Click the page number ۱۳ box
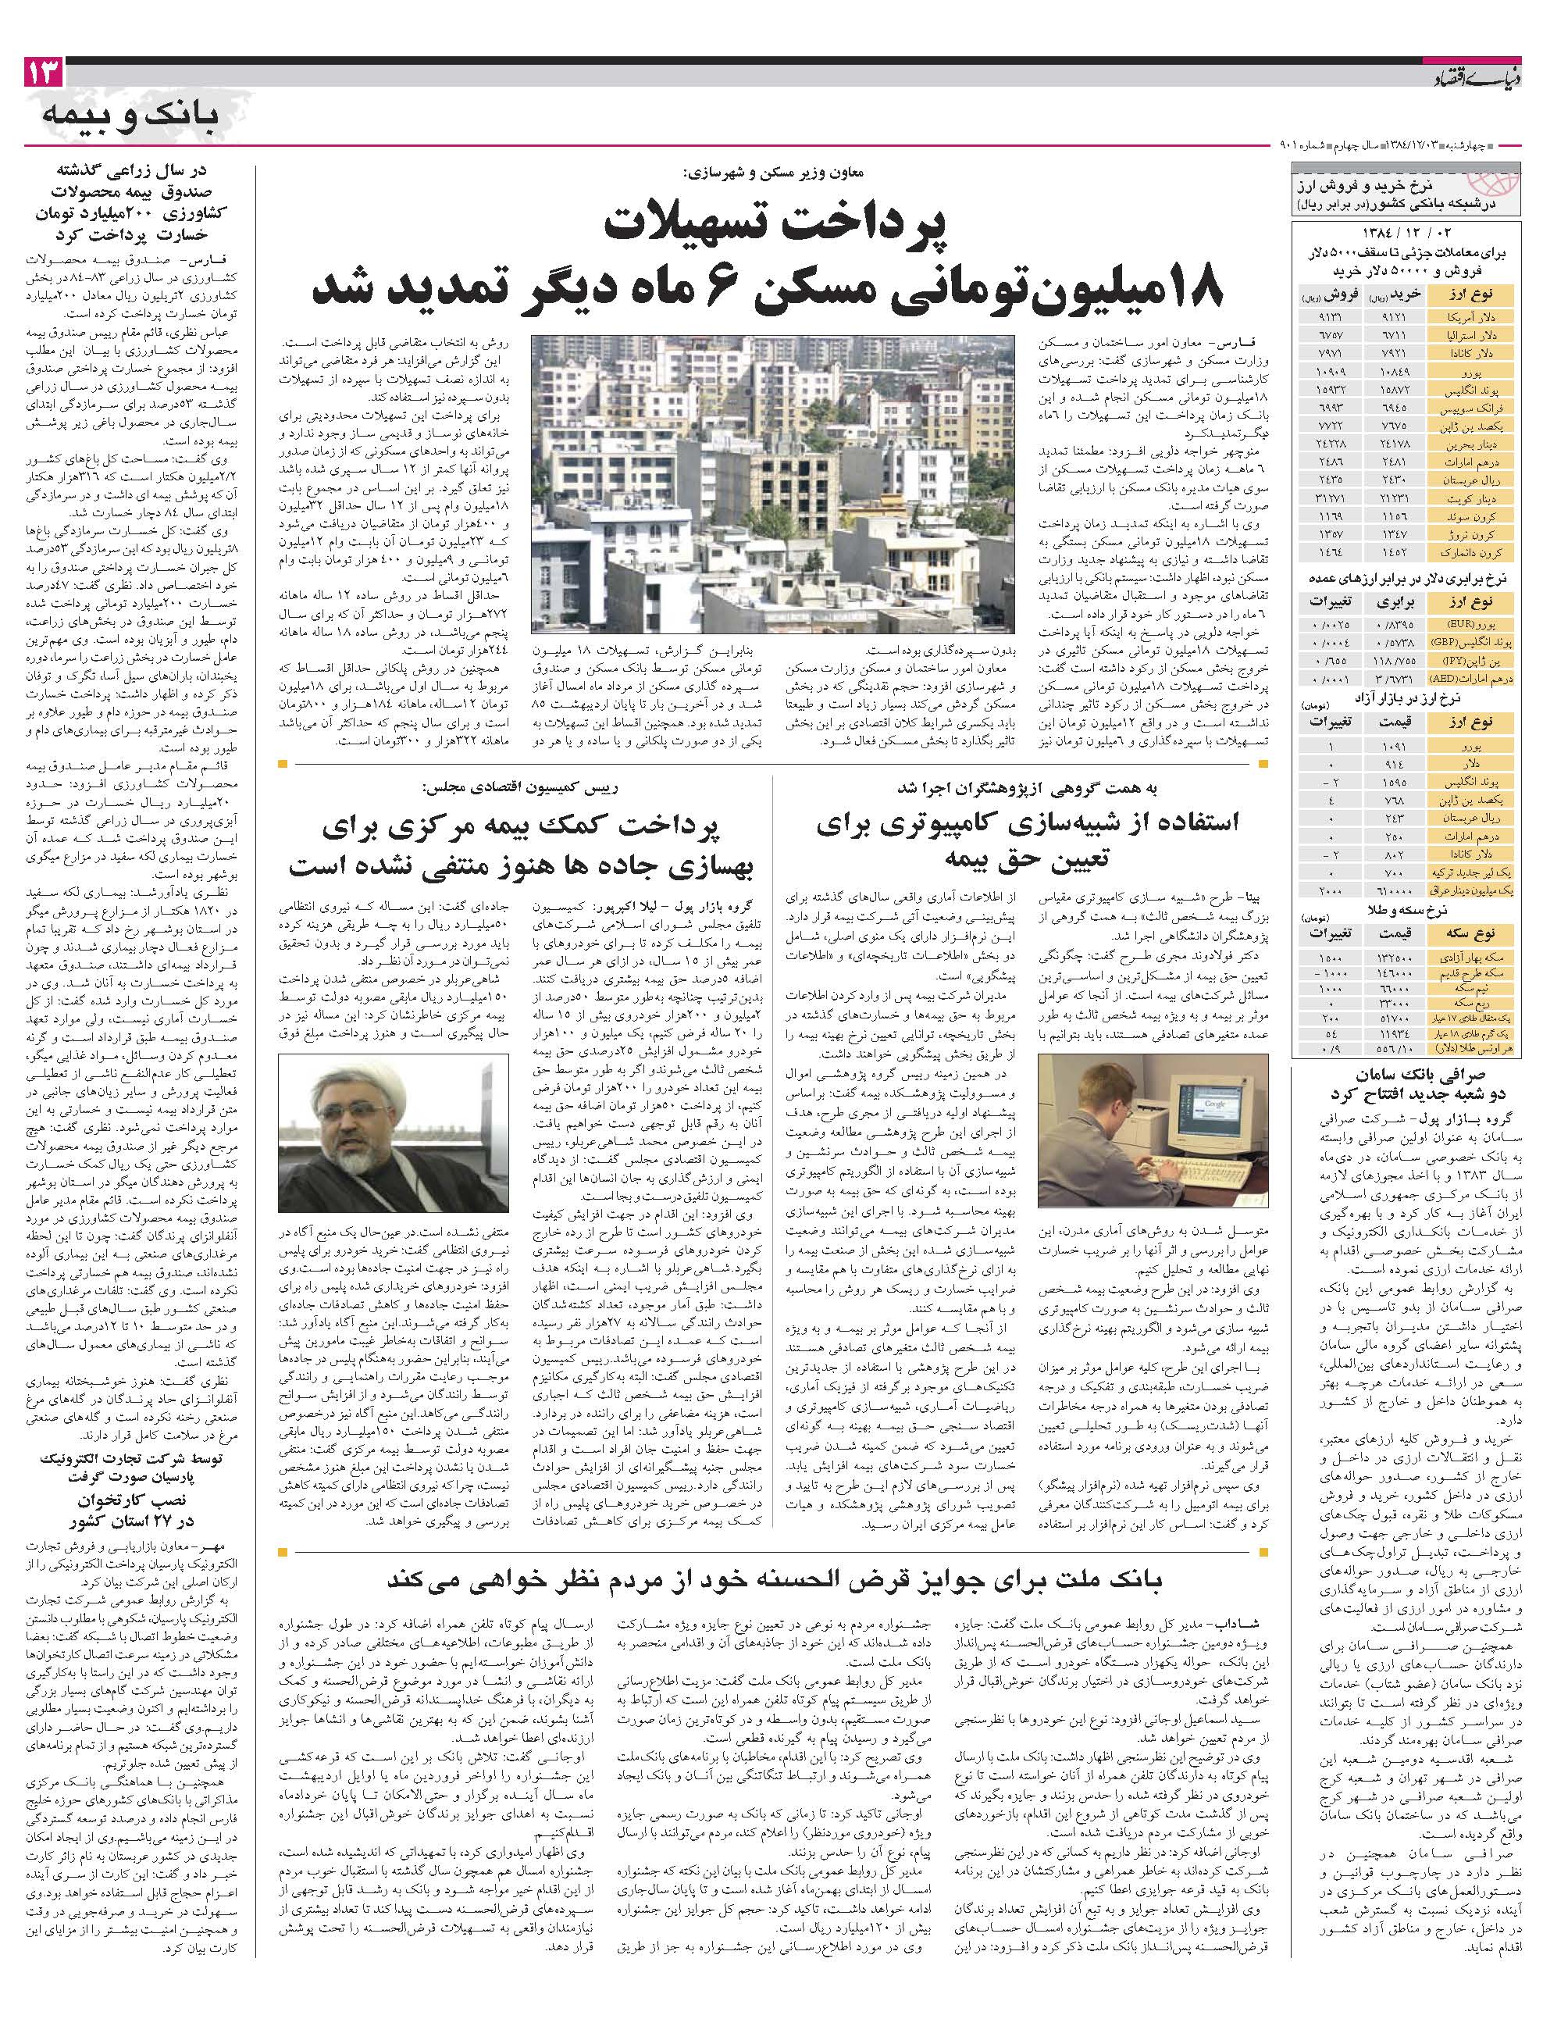[43, 73]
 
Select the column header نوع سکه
[1472, 933]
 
